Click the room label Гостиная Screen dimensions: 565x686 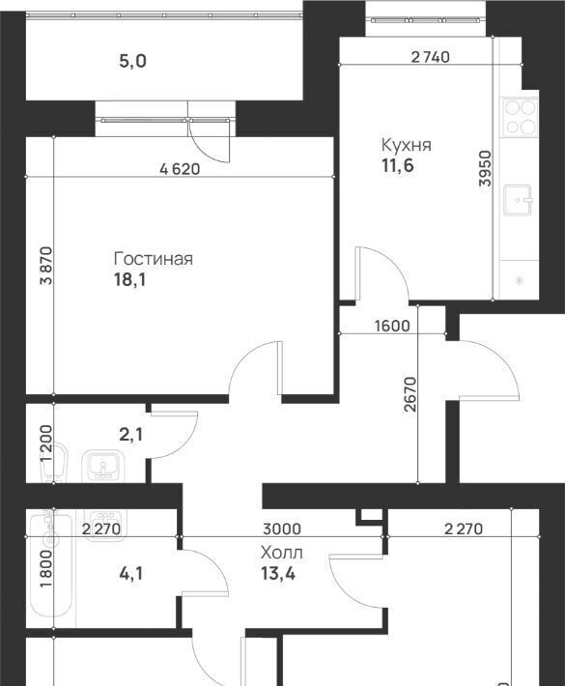(153, 259)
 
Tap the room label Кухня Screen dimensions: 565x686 (407, 145)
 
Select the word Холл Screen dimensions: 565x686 (282, 553)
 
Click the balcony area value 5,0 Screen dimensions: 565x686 (133, 61)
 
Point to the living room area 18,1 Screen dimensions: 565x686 (129, 279)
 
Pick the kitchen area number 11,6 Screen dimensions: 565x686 (398, 166)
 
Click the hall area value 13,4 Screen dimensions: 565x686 (278, 573)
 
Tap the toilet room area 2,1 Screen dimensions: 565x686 (130, 435)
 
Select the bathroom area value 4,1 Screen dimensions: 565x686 (130, 573)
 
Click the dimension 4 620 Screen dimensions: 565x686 (180, 169)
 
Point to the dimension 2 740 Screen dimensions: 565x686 (431, 57)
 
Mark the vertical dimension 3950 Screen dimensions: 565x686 (486, 168)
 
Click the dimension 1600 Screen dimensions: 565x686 (393, 326)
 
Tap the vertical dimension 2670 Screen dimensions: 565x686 (411, 394)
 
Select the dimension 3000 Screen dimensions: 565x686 (282, 529)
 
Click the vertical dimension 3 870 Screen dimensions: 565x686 (46, 266)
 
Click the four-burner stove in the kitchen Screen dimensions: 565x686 (520, 116)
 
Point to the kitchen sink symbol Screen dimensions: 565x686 (519, 200)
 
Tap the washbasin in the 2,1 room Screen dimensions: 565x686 (103, 465)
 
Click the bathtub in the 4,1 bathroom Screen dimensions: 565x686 (51, 563)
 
